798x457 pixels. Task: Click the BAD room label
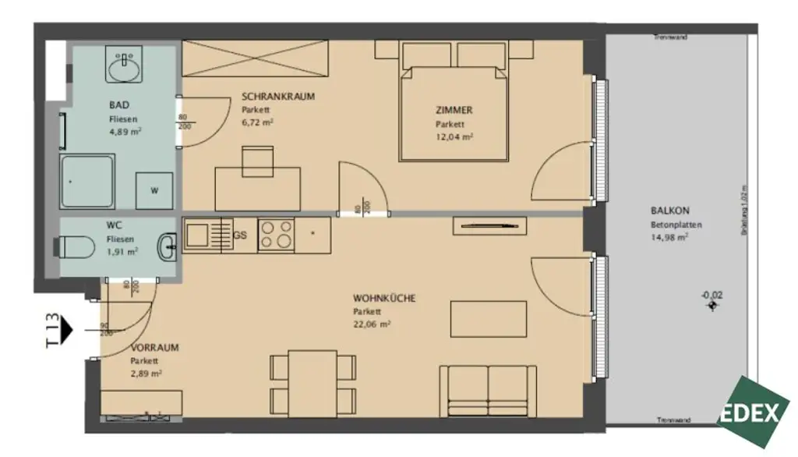pyautogui.click(x=118, y=105)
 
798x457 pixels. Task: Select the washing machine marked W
pyautogui.click(x=153, y=190)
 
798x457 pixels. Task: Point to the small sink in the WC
pyautogui.click(x=167, y=248)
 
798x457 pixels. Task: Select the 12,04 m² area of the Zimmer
pyautogui.click(x=455, y=136)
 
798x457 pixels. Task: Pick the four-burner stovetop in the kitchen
pyautogui.click(x=277, y=234)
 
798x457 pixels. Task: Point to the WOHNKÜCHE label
pyautogui.click(x=383, y=298)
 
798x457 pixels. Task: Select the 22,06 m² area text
pyautogui.click(x=371, y=324)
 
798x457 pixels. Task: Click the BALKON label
pyautogui.click(x=669, y=210)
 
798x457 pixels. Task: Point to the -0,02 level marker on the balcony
pyautogui.click(x=711, y=295)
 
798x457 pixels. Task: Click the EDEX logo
pyautogui.click(x=752, y=412)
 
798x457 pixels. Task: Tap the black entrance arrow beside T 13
pyautogui.click(x=67, y=330)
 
